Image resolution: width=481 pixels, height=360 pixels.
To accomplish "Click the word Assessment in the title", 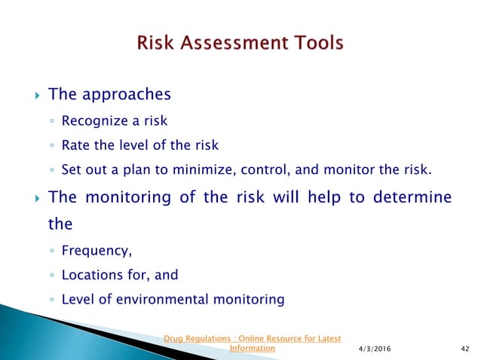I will click(237, 43).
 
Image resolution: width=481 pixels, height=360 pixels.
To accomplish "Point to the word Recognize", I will click(93, 120).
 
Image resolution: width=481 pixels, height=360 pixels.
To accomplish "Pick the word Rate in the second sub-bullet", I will click(75, 145).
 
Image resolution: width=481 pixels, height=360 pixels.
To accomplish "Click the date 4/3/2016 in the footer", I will click(378, 349).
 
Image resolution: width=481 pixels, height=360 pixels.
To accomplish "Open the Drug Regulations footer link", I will click(253, 338).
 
